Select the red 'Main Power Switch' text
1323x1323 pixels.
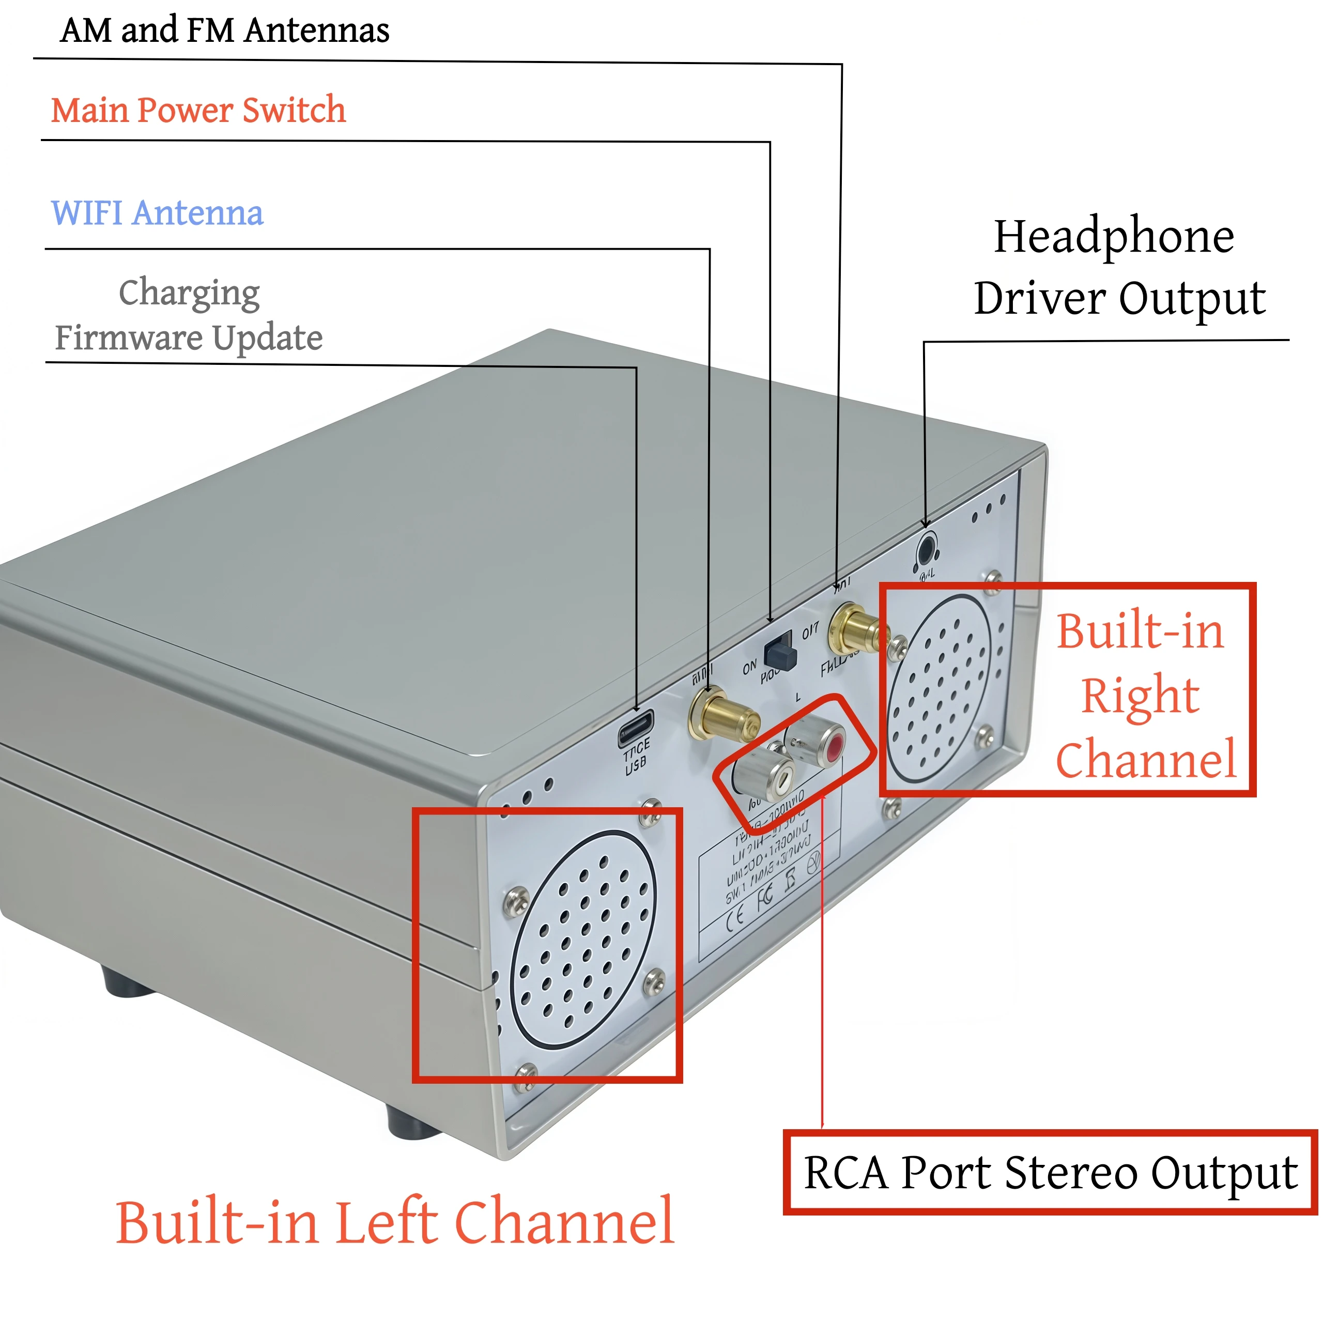[x=198, y=110]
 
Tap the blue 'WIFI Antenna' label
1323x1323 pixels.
[x=157, y=213]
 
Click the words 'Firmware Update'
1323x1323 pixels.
[x=188, y=337]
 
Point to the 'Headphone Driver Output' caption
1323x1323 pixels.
[x=1119, y=267]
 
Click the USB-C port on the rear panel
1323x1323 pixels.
[x=636, y=730]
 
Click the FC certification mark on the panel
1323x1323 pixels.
[x=765, y=896]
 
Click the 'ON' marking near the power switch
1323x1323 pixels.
[x=750, y=666]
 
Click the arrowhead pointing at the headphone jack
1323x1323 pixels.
[x=925, y=524]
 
